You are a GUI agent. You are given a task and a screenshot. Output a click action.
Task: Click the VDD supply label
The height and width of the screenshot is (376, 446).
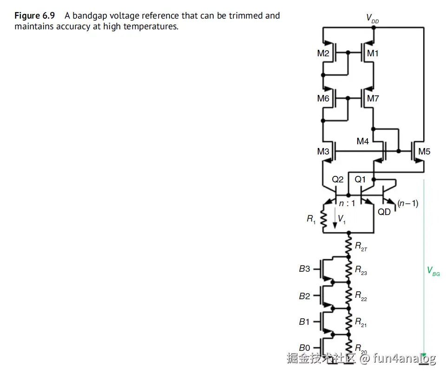pyautogui.click(x=373, y=18)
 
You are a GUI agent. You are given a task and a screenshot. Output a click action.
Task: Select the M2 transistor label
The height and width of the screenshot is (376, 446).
pyautogui.click(x=323, y=54)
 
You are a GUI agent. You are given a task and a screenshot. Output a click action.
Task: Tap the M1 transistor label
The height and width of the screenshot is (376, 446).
pyautogui.click(x=373, y=54)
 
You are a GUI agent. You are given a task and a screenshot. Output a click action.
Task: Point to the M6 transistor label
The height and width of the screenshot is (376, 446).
pyautogui.click(x=323, y=98)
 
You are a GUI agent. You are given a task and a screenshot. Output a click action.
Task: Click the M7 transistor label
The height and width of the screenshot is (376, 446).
pyautogui.click(x=373, y=98)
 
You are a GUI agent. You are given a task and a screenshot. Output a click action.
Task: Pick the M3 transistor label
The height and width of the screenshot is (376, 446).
pyautogui.click(x=323, y=151)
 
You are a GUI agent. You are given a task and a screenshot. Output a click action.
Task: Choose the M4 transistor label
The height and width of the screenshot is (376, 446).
pyautogui.click(x=363, y=141)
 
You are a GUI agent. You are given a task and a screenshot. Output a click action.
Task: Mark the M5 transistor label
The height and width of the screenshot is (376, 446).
pyautogui.click(x=424, y=151)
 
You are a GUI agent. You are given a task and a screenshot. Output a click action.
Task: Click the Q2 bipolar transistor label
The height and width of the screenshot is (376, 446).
pyautogui.click(x=338, y=179)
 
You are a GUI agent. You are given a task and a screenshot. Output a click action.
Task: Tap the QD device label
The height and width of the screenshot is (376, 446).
pyautogui.click(x=384, y=212)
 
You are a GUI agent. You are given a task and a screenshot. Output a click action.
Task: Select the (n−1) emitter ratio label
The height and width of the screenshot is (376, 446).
pyautogui.click(x=408, y=203)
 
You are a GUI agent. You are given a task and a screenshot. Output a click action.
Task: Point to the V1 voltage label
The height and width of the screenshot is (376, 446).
pyautogui.click(x=342, y=219)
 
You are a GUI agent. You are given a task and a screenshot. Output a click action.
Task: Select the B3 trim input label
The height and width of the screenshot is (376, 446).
pyautogui.click(x=304, y=269)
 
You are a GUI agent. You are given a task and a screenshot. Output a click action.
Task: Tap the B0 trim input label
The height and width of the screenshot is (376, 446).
pyautogui.click(x=304, y=347)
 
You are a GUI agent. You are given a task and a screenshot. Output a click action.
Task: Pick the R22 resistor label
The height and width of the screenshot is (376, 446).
pyautogui.click(x=361, y=295)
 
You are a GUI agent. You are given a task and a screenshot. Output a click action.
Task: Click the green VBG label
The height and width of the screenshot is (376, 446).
pyautogui.click(x=433, y=271)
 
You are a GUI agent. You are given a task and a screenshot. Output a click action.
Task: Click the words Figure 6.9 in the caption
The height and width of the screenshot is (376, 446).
pyautogui.click(x=34, y=16)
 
